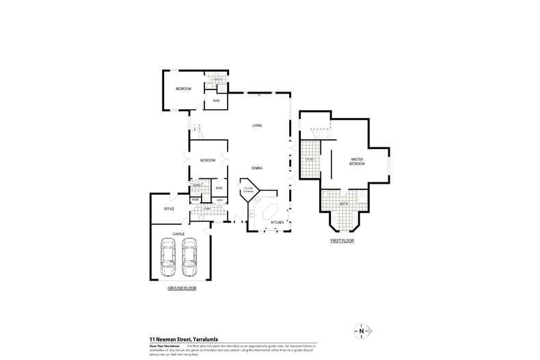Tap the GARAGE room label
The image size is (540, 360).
coord(178,234)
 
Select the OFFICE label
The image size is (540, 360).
coord(168,208)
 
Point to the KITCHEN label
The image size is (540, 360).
coord(277,223)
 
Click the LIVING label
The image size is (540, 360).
coord(257,125)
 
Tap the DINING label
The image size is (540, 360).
coord(257,167)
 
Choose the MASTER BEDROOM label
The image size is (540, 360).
coord(357,161)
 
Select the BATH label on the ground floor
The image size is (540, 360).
coord(196,185)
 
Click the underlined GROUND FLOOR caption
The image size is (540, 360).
coord(182,288)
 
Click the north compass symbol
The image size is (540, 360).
coord(360,331)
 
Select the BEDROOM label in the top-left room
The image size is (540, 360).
coord(183,89)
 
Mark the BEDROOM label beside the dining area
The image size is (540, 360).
coord(208,160)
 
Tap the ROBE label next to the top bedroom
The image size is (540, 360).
coord(216,101)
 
